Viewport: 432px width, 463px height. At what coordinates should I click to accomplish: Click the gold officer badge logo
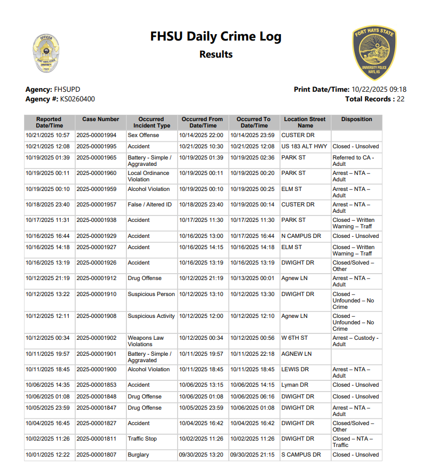[46, 54]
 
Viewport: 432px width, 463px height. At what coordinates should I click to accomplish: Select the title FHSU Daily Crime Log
[215, 37]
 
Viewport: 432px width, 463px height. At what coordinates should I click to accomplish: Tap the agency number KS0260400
[77, 99]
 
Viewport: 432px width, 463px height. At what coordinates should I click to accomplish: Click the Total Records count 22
[401, 99]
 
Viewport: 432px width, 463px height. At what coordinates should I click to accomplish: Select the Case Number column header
[100, 119]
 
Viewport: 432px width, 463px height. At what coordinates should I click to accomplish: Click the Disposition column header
[356, 119]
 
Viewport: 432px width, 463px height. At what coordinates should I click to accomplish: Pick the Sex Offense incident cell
[143, 135]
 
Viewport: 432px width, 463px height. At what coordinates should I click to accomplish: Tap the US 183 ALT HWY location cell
[304, 147]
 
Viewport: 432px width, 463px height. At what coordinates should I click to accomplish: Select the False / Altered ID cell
[150, 205]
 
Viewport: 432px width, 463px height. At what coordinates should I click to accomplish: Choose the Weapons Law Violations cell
[146, 341]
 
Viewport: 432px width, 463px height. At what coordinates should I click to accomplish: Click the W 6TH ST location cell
[294, 338]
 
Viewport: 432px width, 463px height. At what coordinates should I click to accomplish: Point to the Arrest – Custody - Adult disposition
[355, 341]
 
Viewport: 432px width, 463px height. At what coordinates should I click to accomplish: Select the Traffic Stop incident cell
[142, 439]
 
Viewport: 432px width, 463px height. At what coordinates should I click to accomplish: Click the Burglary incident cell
[138, 455]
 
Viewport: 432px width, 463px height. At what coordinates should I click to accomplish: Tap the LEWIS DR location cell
[295, 370]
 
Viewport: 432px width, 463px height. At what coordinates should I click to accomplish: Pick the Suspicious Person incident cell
[151, 294]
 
